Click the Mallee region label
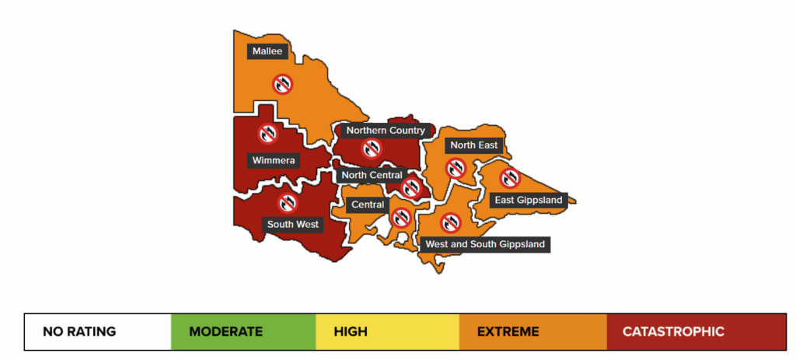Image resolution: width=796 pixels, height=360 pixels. (x=268, y=51)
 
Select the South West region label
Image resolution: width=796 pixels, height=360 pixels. (x=293, y=224)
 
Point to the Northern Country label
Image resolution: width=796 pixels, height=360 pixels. (x=386, y=131)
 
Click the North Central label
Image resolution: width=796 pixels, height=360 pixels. (x=372, y=175)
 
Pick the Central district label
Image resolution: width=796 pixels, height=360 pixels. (x=368, y=205)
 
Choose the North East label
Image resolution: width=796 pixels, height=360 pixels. (x=473, y=145)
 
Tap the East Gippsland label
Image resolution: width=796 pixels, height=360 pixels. (x=529, y=200)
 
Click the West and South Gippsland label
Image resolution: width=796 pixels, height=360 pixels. (x=485, y=244)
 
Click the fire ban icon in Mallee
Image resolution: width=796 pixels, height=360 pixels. (x=282, y=83)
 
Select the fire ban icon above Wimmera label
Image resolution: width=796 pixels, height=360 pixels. (x=268, y=134)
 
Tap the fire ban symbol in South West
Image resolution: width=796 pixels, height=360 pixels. (x=288, y=203)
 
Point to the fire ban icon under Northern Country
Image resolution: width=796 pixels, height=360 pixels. (x=372, y=149)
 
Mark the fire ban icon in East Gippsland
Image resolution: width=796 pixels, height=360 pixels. (x=509, y=178)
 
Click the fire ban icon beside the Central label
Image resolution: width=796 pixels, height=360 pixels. (x=401, y=217)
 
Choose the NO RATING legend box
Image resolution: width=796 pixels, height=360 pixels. (x=97, y=332)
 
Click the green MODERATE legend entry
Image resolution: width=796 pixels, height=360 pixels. (x=243, y=332)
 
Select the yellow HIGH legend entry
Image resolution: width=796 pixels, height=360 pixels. (x=388, y=332)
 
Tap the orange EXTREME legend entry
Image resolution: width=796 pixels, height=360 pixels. (x=532, y=332)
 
